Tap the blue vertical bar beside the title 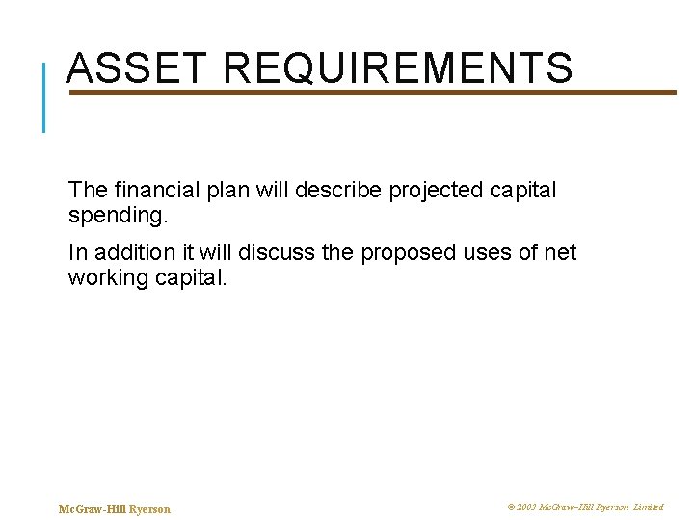[43, 96]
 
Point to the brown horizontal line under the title [386, 92]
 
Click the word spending [118, 217]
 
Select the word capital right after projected [526, 191]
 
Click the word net [559, 252]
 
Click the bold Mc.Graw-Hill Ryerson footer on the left [115, 508]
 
